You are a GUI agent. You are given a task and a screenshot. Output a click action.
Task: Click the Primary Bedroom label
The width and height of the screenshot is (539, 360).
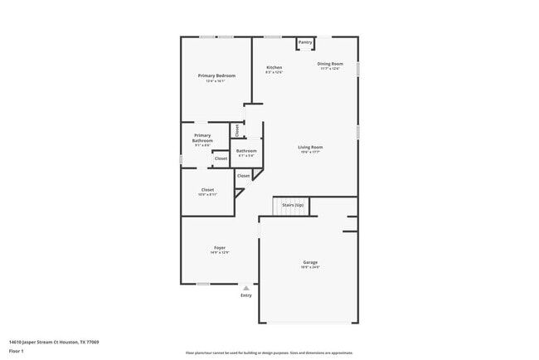point(216,75)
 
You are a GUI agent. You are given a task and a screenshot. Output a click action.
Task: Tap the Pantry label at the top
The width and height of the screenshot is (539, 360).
point(305,41)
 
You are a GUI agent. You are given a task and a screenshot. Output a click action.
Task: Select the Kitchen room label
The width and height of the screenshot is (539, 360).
point(274,67)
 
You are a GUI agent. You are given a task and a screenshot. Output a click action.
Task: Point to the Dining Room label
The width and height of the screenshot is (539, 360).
point(330,63)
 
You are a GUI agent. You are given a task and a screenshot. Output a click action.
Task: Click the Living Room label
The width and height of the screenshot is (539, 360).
point(310,147)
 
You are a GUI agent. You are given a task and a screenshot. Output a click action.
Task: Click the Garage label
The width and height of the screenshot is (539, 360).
point(310,262)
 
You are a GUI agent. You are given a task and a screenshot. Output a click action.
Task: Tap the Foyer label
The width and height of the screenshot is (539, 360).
point(220,247)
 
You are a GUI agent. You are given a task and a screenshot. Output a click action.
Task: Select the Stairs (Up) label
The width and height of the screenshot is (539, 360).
point(293,204)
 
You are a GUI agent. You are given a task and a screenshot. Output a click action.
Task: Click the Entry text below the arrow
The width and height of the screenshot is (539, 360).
point(246,295)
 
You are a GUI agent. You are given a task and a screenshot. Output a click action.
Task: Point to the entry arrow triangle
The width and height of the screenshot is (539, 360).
point(246,288)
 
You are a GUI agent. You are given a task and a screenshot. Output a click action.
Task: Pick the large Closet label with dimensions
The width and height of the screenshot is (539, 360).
point(207,189)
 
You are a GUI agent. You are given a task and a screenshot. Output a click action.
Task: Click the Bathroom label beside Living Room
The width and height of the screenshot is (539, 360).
point(247,150)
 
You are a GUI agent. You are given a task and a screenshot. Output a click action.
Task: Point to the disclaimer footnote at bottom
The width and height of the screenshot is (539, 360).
point(269,353)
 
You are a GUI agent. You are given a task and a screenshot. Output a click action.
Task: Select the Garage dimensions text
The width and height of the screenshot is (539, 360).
point(310,267)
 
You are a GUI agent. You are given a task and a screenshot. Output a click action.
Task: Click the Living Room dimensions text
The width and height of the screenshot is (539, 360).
point(310,152)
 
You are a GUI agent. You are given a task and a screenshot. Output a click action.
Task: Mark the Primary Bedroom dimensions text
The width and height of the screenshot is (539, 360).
point(216,80)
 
